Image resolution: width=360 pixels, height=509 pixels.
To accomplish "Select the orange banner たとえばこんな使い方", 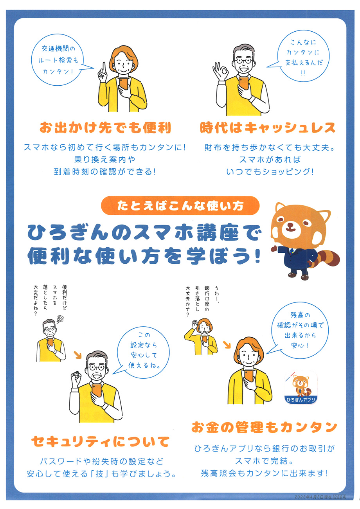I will pyautogui.click(x=180, y=206).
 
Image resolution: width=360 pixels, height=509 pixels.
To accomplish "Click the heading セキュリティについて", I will pyautogui.click(x=101, y=441).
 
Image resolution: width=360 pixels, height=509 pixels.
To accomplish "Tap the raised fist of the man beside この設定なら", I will pyautogui.click(x=76, y=378).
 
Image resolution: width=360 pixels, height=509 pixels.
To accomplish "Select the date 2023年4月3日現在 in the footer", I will pyautogui.click(x=313, y=496).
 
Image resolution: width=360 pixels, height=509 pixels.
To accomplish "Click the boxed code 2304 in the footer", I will pyautogui.click(x=339, y=496).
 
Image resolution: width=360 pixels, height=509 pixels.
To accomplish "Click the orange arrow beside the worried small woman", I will pyautogui.click(x=226, y=344).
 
